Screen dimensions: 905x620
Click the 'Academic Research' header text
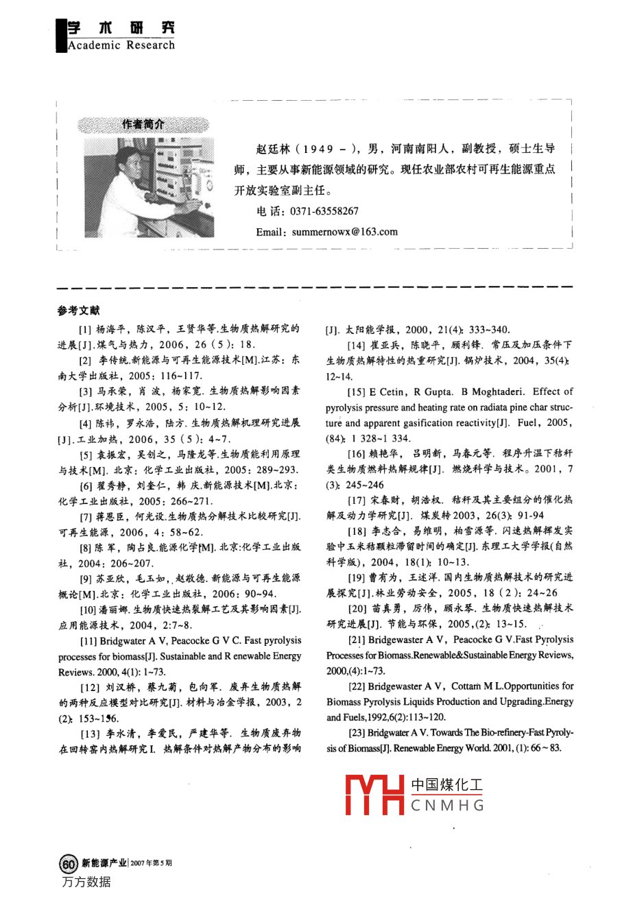[121, 45]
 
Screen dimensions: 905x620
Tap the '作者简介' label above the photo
[143, 125]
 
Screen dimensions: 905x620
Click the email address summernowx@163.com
[344, 232]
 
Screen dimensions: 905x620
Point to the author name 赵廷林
[273, 149]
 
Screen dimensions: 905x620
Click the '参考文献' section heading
[78, 311]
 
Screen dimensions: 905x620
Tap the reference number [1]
[86, 329]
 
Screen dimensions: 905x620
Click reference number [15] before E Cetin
[356, 392]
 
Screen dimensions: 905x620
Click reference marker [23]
[356, 733]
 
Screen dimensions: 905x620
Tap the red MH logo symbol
[374, 795]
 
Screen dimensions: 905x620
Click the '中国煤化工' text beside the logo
[446, 785]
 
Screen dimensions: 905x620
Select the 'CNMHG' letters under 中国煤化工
[447, 806]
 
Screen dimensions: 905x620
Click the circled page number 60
[69, 863]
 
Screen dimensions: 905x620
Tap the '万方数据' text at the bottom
[86, 882]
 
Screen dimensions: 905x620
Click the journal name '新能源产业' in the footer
[104, 863]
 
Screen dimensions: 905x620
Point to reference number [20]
[357, 608]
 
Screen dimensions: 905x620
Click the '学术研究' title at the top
[121, 27]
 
